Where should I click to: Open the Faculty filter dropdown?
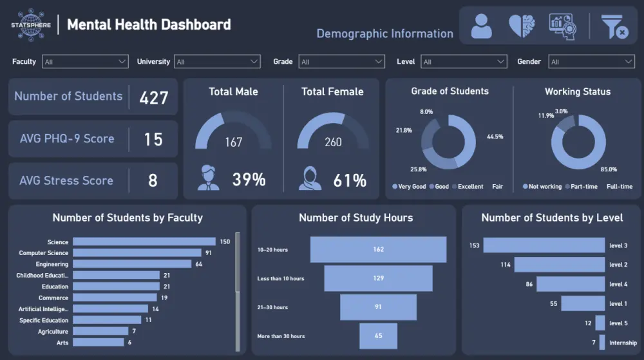click(85, 62)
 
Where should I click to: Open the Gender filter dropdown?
click(591, 62)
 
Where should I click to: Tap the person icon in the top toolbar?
click(481, 26)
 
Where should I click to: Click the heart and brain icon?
click(522, 26)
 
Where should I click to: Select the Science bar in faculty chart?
click(144, 242)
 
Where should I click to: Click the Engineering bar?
click(132, 264)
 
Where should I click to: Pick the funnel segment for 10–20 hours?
click(378, 250)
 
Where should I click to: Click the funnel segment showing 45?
click(378, 336)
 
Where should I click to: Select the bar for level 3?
click(544, 245)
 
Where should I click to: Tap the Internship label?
click(623, 343)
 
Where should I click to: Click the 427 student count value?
click(153, 97)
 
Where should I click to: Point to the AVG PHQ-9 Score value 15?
click(153, 139)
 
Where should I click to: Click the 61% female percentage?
click(350, 180)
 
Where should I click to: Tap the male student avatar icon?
click(208, 178)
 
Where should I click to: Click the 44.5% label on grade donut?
click(495, 137)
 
